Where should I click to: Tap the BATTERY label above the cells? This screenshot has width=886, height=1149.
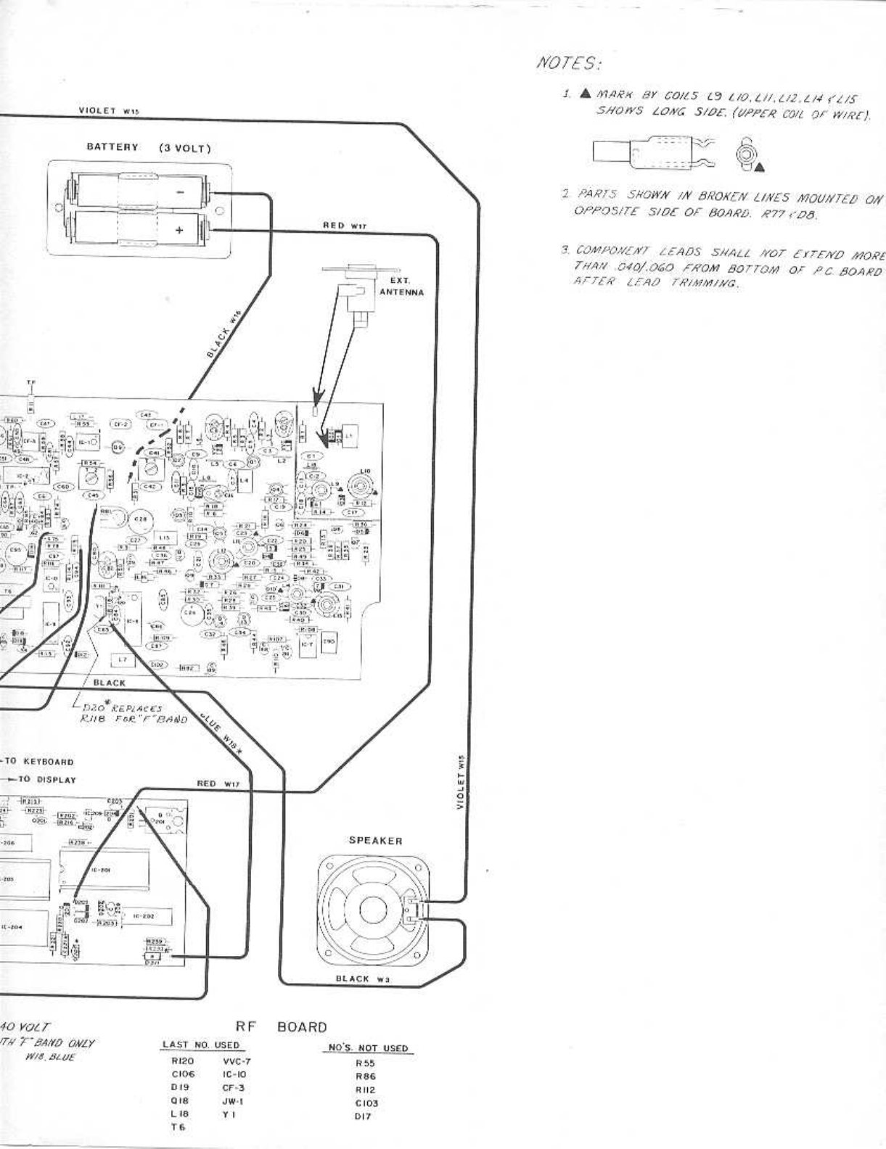(x=112, y=147)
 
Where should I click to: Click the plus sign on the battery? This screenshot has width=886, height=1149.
(x=179, y=231)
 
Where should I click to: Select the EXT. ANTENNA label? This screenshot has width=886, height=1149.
(x=401, y=287)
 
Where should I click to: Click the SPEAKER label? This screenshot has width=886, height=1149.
(x=375, y=841)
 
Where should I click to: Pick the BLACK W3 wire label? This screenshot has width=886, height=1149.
(x=364, y=979)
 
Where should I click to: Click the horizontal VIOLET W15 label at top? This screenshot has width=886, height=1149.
(x=108, y=111)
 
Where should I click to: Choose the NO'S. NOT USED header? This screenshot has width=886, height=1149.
(x=368, y=1048)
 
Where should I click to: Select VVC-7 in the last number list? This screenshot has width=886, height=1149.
(x=236, y=1061)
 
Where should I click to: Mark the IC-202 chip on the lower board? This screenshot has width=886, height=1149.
(x=141, y=916)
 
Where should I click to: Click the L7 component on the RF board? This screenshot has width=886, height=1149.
(x=123, y=659)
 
